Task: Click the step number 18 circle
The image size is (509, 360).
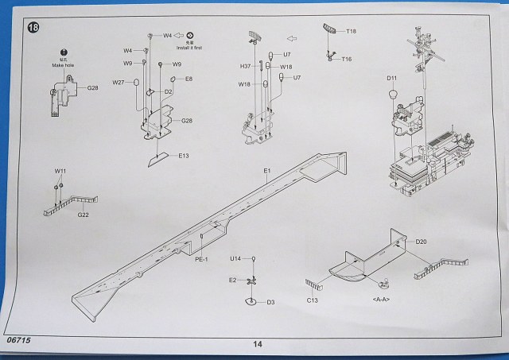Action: (x=33, y=29)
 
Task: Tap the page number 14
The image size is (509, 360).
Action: (x=257, y=344)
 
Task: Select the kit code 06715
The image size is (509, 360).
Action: (x=17, y=340)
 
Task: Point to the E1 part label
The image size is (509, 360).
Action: (x=267, y=171)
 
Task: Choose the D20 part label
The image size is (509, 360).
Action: (x=422, y=242)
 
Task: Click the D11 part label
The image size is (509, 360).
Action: (x=391, y=78)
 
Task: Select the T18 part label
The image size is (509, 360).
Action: (x=352, y=31)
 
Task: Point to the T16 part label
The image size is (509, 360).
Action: (x=347, y=59)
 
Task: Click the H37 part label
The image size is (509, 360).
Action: (x=247, y=66)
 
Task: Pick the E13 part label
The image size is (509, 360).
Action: (x=183, y=156)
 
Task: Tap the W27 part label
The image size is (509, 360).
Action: (x=119, y=82)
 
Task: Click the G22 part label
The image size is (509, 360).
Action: (x=83, y=215)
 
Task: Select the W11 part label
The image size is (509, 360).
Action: (x=60, y=171)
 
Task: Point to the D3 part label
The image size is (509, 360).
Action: (x=270, y=302)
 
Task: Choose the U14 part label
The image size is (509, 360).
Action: (x=235, y=259)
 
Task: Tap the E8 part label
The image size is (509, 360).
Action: (x=188, y=79)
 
